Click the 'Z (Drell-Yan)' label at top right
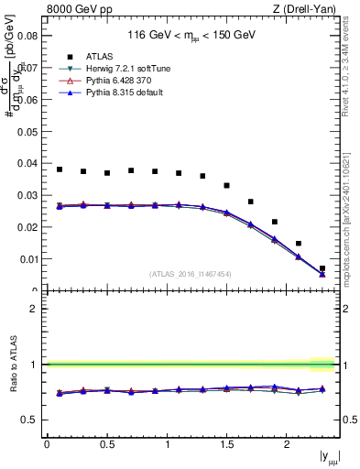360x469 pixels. pos(309,10)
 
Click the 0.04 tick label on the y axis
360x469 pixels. pos(27,163)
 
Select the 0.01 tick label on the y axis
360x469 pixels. pos(27,259)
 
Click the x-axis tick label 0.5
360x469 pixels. pos(107,444)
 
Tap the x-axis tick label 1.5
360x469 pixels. pos(227,444)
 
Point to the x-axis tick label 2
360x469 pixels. pos(288,444)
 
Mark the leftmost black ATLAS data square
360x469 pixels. pos(60,169)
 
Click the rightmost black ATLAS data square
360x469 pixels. pos(322,268)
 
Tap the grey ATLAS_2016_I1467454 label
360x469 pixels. pos(190,274)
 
